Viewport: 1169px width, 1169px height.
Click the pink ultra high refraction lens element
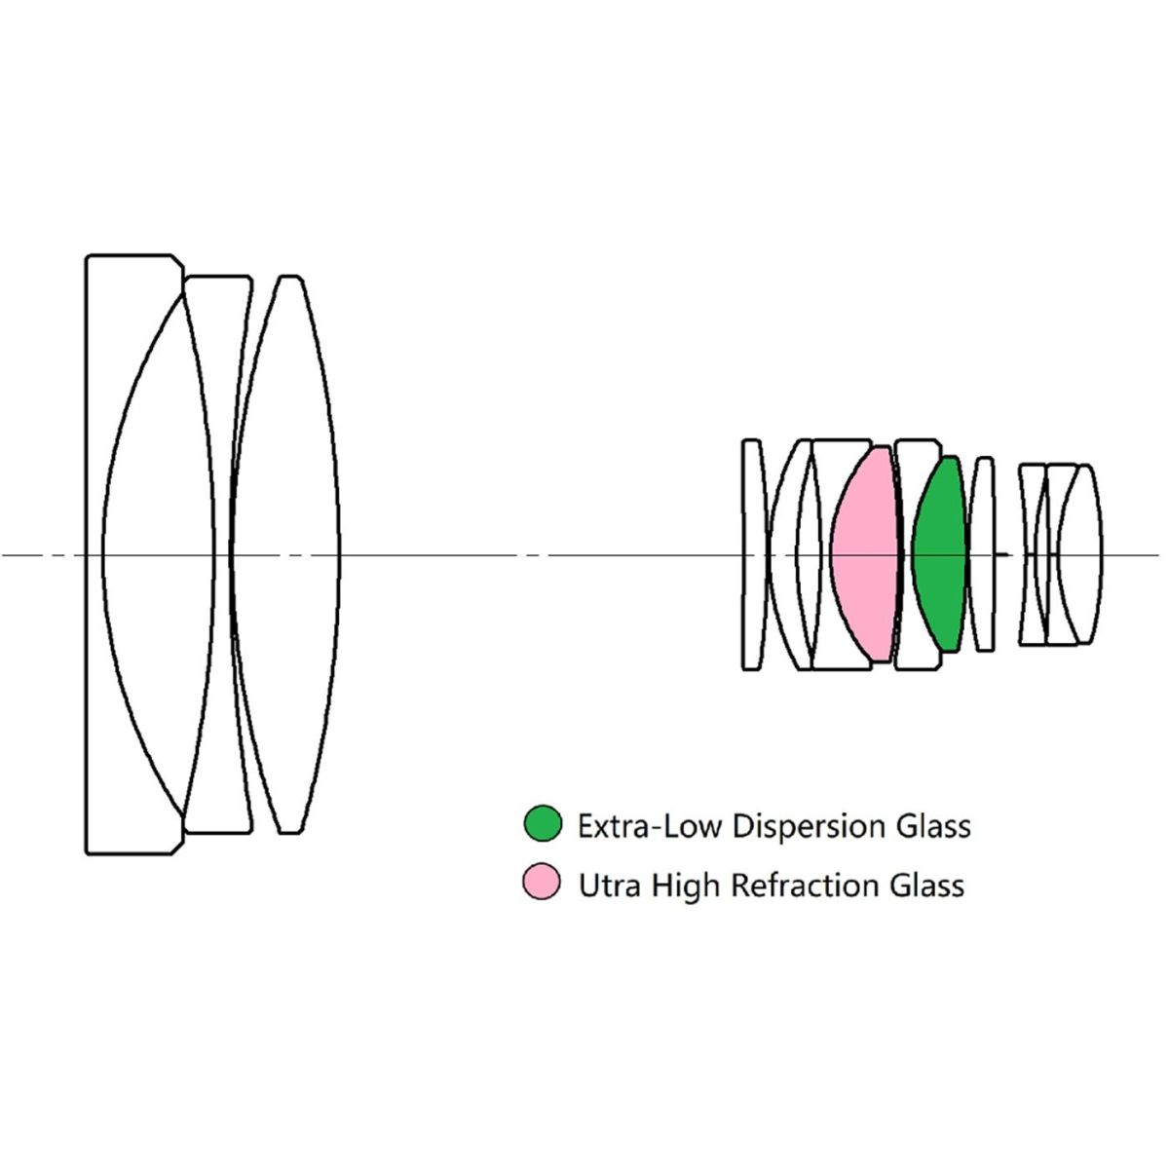pos(864,555)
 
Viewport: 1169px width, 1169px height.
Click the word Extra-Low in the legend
pos(649,826)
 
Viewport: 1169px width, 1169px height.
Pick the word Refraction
pos(805,886)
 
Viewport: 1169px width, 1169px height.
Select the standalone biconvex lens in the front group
pos(285,555)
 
